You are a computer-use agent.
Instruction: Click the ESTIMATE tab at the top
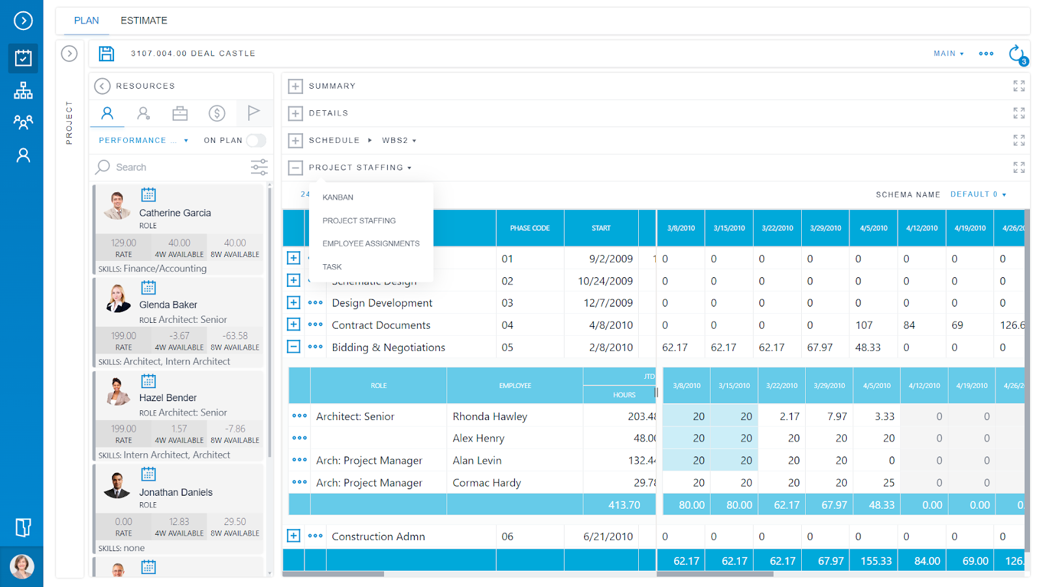coord(143,21)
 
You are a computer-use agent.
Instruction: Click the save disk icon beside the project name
coord(106,53)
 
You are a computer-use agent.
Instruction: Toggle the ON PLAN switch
coord(256,140)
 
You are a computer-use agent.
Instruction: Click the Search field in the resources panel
coord(169,168)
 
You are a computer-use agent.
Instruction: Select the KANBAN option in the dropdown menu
coord(338,198)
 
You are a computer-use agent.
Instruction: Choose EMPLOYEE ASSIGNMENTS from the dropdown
coord(371,244)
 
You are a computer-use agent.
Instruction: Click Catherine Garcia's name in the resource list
coord(175,213)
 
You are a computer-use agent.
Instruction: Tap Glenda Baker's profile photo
coord(118,298)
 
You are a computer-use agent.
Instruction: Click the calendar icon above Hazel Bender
coord(149,381)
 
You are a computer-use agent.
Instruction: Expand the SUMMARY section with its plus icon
coord(295,86)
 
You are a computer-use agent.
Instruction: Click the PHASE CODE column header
coord(529,228)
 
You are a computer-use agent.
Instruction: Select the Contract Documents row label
coord(381,325)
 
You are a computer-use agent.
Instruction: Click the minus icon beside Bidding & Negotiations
coord(294,347)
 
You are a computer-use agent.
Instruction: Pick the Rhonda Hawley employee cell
coord(490,417)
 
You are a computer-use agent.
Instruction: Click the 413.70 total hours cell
coord(624,505)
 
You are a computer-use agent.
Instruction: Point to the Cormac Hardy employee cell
coord(486,483)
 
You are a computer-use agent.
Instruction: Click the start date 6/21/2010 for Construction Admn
coord(608,537)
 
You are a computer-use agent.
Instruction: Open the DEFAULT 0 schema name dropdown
coord(978,194)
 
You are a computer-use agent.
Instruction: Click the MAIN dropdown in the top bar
coord(948,53)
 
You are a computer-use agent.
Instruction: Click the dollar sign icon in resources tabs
coord(217,113)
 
